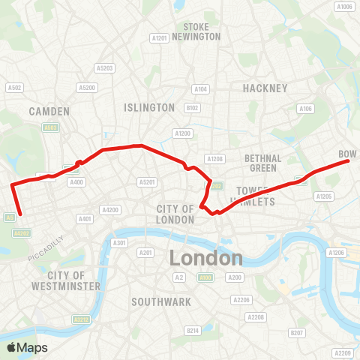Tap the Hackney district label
(x=265, y=88)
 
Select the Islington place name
(x=149, y=108)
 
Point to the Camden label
(x=49, y=111)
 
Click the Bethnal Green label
(x=262, y=163)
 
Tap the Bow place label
(x=347, y=154)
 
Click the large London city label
(x=205, y=258)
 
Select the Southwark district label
(x=160, y=301)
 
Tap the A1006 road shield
(x=345, y=7)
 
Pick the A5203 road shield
(x=106, y=68)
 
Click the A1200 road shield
(x=182, y=133)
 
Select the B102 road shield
(x=193, y=108)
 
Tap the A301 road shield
(x=118, y=243)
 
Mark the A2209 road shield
(x=343, y=353)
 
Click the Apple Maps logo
(x=27, y=347)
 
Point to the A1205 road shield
(x=324, y=196)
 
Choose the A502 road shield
(x=14, y=87)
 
